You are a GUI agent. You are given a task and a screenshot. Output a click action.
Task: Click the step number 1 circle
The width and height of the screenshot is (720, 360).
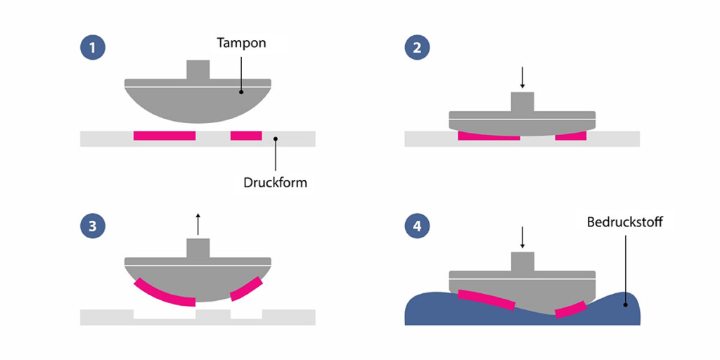click(x=93, y=48)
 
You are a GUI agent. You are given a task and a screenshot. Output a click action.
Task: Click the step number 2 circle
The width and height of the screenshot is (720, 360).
click(x=417, y=48)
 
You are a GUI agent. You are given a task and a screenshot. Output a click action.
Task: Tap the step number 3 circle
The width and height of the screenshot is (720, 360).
click(x=93, y=226)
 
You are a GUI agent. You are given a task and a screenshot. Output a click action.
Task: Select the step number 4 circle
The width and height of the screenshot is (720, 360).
click(x=417, y=226)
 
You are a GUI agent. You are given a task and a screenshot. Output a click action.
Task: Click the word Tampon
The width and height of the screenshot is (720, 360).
click(x=240, y=44)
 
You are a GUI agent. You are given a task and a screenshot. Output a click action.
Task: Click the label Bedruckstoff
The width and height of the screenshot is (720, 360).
click(x=625, y=223)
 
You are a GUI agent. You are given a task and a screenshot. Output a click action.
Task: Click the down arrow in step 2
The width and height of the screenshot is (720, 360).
click(x=522, y=75)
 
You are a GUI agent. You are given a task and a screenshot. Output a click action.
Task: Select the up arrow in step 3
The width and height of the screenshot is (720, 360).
click(x=198, y=223)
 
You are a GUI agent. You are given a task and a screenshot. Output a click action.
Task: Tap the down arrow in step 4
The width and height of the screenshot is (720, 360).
click(x=522, y=238)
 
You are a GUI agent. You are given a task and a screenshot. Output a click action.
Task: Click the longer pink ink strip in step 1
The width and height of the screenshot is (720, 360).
click(x=165, y=135)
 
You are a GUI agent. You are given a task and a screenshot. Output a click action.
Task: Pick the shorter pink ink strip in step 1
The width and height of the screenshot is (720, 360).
click(x=246, y=135)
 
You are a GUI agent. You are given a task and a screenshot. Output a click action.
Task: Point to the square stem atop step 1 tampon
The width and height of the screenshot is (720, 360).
click(x=198, y=70)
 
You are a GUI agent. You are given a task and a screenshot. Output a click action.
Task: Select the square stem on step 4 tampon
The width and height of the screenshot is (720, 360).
click(x=522, y=262)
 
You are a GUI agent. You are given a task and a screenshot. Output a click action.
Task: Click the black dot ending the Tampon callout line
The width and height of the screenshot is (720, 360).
click(x=240, y=91)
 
